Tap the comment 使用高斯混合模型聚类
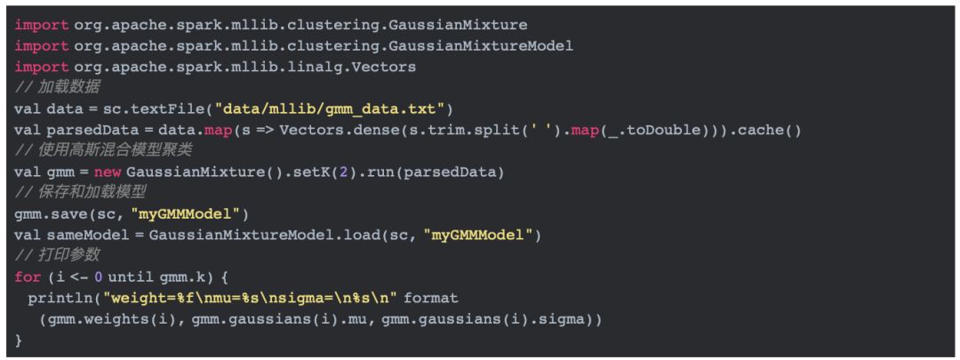pos(110,150)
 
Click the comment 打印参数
pos(64,254)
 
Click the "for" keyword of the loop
pos(28,276)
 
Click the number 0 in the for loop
pos(99,276)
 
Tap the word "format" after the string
pos(431,297)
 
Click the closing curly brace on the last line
pos(19,339)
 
